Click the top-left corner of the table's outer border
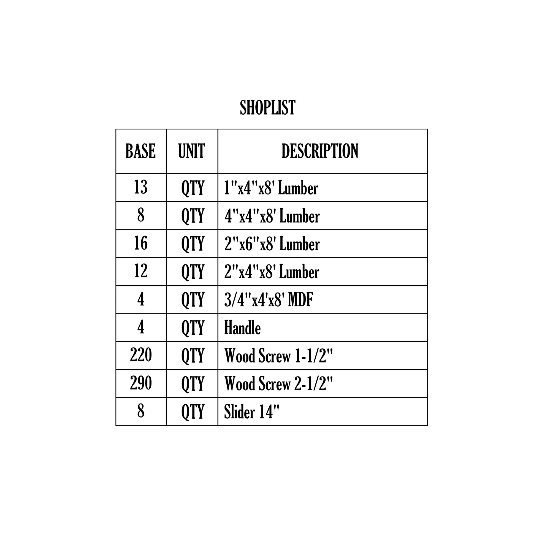116,129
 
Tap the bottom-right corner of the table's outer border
427,426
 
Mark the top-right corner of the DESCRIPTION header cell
427,129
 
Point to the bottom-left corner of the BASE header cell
116,174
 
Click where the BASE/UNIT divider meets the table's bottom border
166,426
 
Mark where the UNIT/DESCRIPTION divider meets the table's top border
218,129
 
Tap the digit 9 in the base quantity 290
141,383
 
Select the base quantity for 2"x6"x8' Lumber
141,243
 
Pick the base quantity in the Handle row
141,327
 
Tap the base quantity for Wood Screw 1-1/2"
141,355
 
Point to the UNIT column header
191,151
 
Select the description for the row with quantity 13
271,188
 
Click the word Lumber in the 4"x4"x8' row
300,216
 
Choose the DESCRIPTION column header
320,151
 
